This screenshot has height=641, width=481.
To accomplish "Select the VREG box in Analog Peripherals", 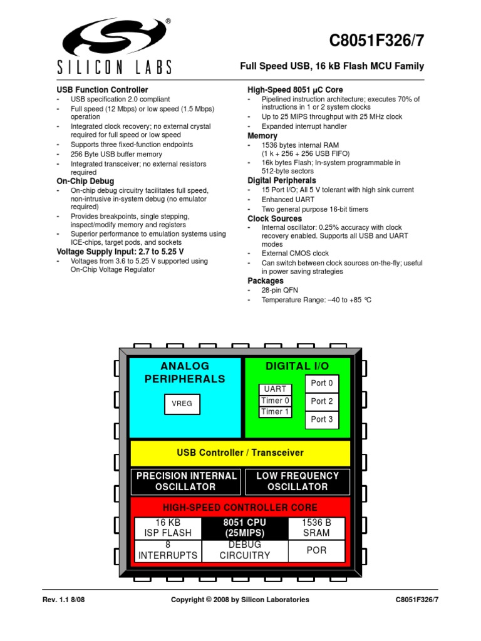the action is tap(182, 404).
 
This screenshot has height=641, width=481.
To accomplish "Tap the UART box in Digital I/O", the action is tap(275, 389).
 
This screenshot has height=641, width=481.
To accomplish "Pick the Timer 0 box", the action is tap(275, 401).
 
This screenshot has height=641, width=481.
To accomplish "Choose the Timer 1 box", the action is tap(275, 412).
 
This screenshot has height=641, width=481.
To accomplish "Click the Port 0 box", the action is tap(322, 383).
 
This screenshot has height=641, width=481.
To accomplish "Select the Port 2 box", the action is tap(322, 401).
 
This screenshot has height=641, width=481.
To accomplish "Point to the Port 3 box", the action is tap(322, 419).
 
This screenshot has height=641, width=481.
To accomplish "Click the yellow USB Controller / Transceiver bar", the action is tap(240, 453).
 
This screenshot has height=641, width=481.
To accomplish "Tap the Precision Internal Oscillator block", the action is tap(186, 481).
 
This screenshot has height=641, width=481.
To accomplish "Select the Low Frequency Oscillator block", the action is tap(297, 481).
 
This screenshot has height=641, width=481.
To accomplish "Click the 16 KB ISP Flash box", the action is tap(168, 528).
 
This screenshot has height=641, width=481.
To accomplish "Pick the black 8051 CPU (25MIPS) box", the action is tap(244, 528).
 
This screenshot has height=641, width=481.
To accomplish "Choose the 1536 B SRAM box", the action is tap(316, 528).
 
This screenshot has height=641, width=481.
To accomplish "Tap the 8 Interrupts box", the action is tap(168, 550).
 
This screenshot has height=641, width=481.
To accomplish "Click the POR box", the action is tap(316, 551).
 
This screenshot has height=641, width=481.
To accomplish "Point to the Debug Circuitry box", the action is tap(244, 550).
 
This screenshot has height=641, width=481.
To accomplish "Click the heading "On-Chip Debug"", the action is tap(85, 182).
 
